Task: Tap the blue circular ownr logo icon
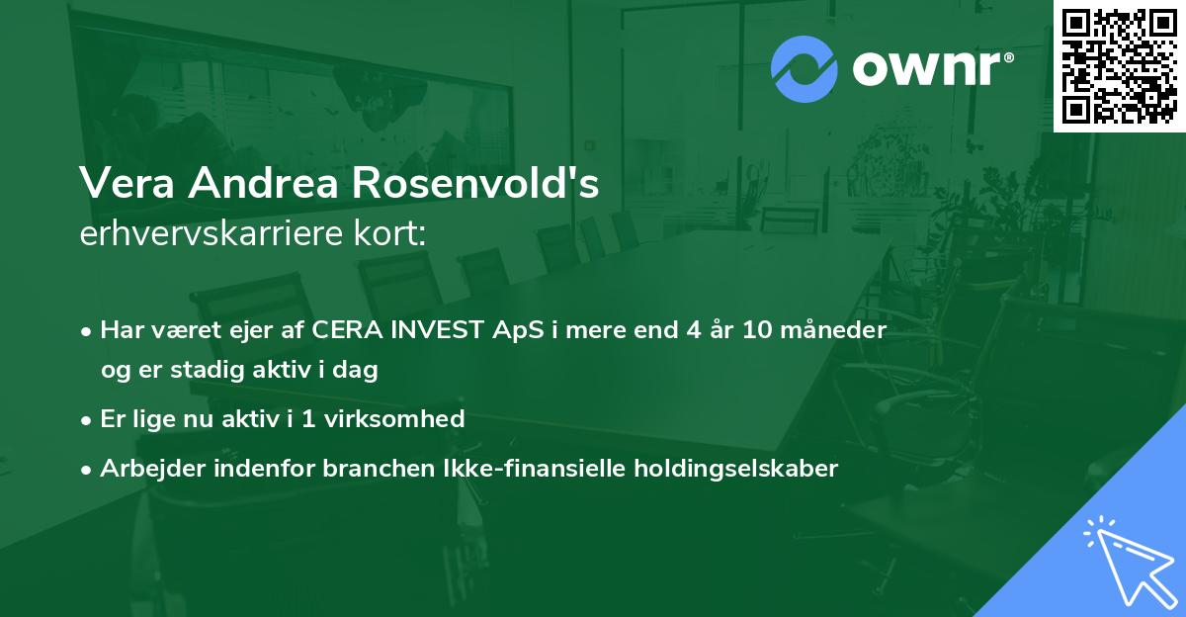(805, 68)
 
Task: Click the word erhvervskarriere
(201, 235)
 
